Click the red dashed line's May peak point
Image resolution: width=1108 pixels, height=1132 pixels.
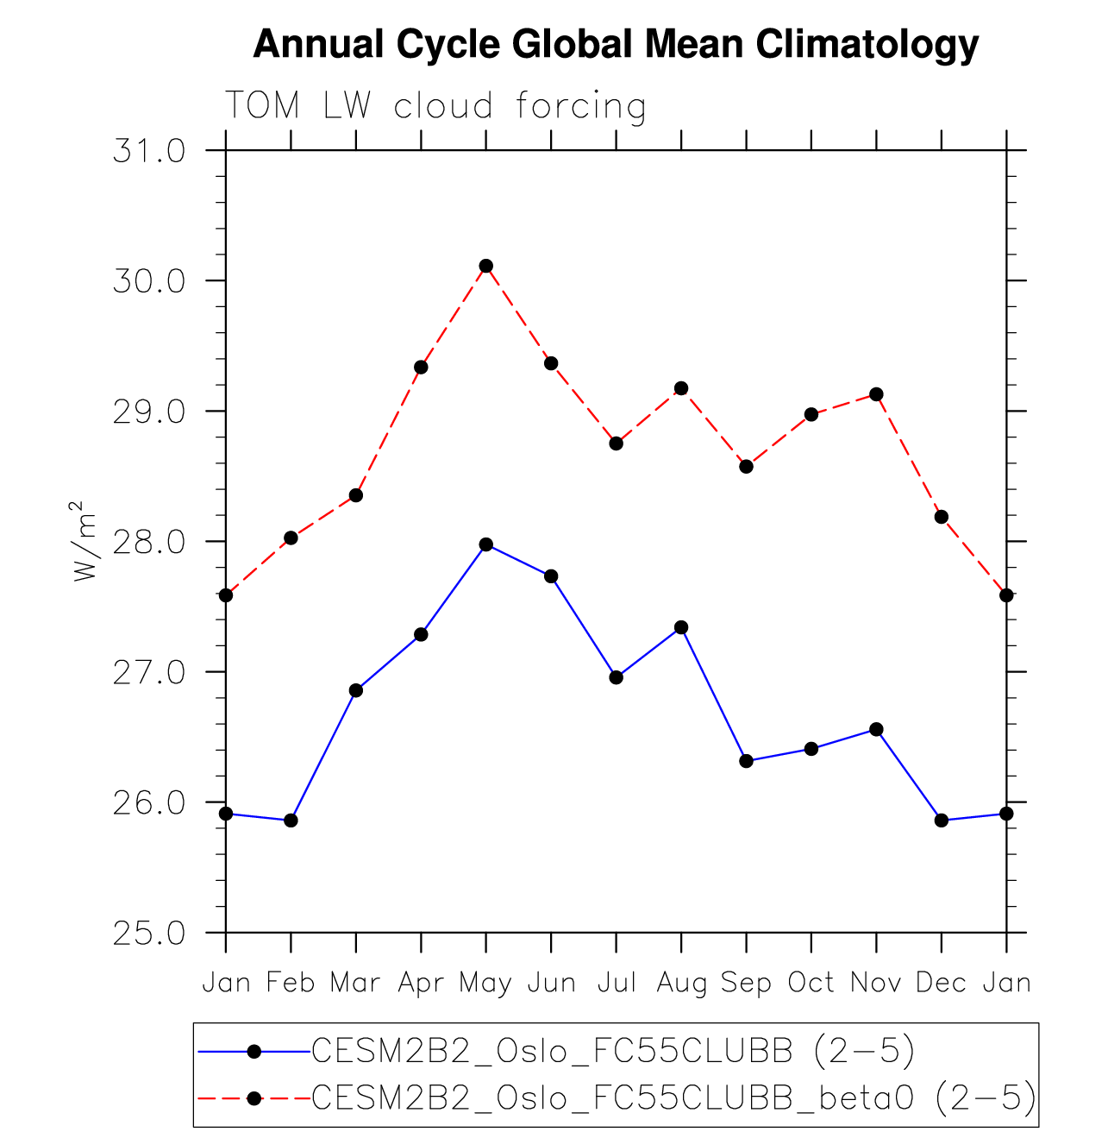tap(486, 266)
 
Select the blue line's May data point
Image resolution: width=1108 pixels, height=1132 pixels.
tap(486, 544)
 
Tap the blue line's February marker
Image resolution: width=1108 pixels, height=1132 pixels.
tap(291, 820)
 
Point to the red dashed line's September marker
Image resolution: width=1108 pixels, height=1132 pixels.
tap(747, 467)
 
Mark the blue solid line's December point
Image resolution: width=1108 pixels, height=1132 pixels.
tap(942, 820)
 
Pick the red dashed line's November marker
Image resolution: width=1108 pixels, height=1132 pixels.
tap(876, 394)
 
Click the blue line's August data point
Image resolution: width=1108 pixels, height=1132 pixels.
tap(681, 627)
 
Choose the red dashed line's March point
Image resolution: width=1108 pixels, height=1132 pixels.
tap(356, 495)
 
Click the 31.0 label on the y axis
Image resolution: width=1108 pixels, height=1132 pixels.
tap(149, 152)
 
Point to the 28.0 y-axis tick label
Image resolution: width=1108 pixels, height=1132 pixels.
tap(149, 543)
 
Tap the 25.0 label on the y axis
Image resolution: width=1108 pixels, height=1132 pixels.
tap(149, 934)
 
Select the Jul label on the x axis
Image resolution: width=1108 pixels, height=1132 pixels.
tap(617, 983)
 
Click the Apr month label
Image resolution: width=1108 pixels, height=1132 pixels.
tap(421, 984)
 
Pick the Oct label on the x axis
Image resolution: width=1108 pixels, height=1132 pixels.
tap(811, 983)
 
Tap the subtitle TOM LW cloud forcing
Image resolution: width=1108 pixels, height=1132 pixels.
tap(435, 106)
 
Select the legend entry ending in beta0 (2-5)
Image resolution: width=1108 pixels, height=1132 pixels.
tap(673, 1097)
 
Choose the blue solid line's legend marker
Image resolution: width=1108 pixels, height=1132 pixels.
tap(254, 1051)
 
